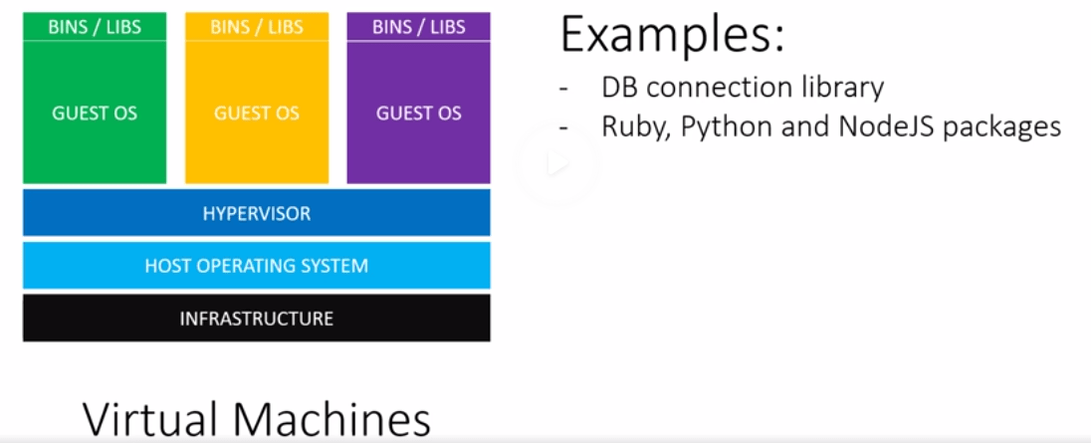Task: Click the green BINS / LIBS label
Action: pos(95,27)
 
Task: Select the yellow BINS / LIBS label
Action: pos(257,27)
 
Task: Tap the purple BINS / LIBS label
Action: pos(418,27)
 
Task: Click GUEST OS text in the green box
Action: pos(95,113)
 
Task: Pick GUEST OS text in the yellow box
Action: pos(257,113)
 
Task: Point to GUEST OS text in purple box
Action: pos(418,113)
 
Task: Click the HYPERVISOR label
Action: pos(257,214)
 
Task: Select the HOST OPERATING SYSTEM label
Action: pos(257,266)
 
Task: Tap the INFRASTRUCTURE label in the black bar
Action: pos(257,319)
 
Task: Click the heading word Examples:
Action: pos(673,36)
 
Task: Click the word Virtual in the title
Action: pos(152,420)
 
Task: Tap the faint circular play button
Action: pos(556,163)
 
